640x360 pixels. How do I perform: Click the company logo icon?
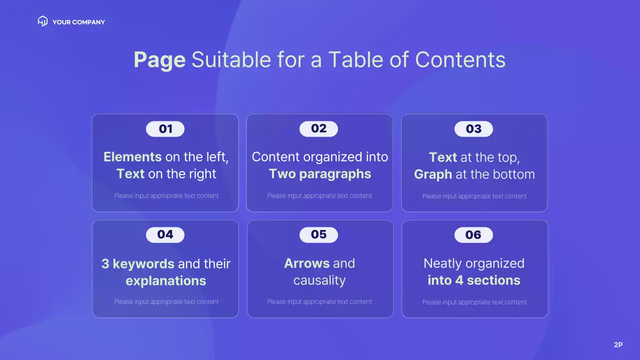pyautogui.click(x=42, y=21)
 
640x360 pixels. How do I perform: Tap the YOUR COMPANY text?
pyautogui.click(x=78, y=22)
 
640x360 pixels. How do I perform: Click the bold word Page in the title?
pyautogui.click(x=159, y=60)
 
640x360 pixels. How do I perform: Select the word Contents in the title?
pyautogui.click(x=460, y=60)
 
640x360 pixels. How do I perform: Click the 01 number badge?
pyautogui.click(x=165, y=129)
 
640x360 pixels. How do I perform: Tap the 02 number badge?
pyautogui.click(x=318, y=129)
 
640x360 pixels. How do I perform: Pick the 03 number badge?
pyautogui.click(x=473, y=129)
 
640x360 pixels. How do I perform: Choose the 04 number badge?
pyautogui.click(x=165, y=234)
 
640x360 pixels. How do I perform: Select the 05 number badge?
pyautogui.click(x=318, y=234)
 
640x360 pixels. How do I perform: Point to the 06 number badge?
pyautogui.click(x=473, y=235)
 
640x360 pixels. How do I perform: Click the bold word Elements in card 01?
pyautogui.click(x=132, y=157)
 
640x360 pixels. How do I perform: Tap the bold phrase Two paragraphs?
pyautogui.click(x=320, y=174)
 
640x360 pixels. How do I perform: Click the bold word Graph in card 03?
pyautogui.click(x=433, y=174)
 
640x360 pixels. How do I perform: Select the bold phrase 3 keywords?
pyautogui.click(x=137, y=263)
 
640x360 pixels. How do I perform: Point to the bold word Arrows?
pyautogui.click(x=307, y=263)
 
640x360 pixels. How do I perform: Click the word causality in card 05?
pyautogui.click(x=319, y=280)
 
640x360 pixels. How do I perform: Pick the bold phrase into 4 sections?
pyautogui.click(x=474, y=280)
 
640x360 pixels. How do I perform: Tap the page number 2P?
pyautogui.click(x=618, y=344)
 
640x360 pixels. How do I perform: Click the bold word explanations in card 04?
pyautogui.click(x=165, y=281)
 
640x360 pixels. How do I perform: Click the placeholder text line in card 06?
pyautogui.click(x=474, y=302)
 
